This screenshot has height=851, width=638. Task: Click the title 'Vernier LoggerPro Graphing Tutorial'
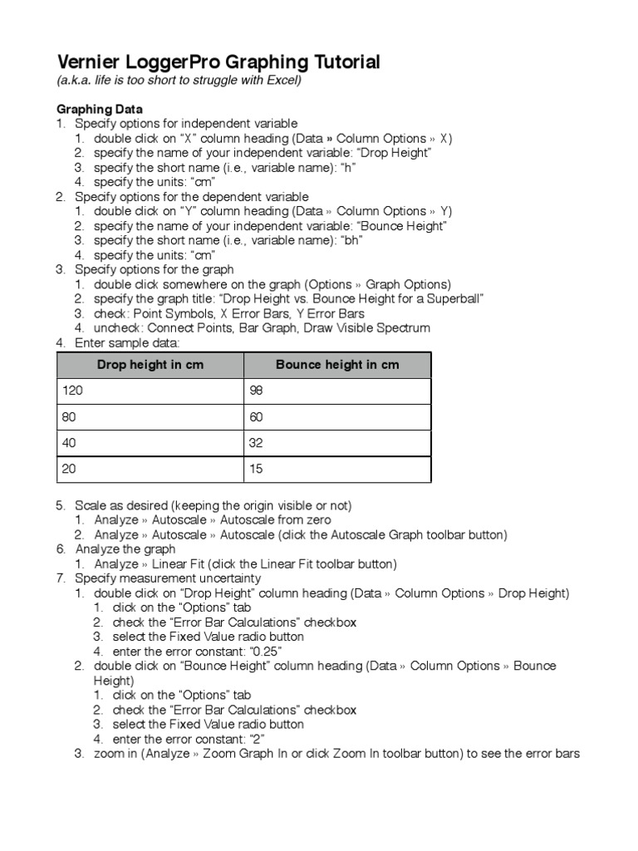point(218,62)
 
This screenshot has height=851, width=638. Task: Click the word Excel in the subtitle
point(282,81)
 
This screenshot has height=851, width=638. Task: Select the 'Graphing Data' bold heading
point(99,109)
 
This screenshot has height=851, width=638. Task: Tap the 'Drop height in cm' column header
point(150,365)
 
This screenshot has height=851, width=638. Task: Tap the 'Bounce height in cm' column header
point(336,365)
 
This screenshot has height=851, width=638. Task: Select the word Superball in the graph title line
point(454,298)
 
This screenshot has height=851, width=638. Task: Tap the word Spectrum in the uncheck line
point(403,327)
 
